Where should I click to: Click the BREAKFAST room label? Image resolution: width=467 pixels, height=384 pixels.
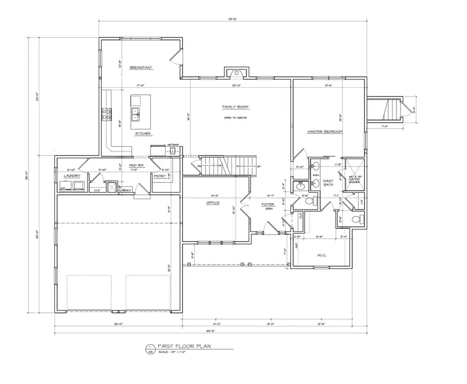pos(140,67)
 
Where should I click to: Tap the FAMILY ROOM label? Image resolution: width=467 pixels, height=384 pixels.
pos(235,107)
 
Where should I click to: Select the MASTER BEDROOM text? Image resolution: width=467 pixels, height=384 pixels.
pos(325,132)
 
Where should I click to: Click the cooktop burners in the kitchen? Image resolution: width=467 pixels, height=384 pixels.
pos(107,114)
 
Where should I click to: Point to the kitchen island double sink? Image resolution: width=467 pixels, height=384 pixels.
pos(135,114)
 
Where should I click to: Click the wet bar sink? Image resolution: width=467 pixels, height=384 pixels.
pos(173,151)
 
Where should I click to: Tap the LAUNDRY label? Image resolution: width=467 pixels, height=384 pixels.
pos(72,176)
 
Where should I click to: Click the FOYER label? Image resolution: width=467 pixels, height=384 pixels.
pos(268,204)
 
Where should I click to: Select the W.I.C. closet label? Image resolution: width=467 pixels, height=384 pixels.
pos(320,255)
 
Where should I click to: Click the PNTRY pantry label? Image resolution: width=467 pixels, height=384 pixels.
pos(160,176)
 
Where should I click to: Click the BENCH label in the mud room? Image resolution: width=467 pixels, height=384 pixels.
pos(127,190)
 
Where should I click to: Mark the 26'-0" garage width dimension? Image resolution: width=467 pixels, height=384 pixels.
pos(119,324)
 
